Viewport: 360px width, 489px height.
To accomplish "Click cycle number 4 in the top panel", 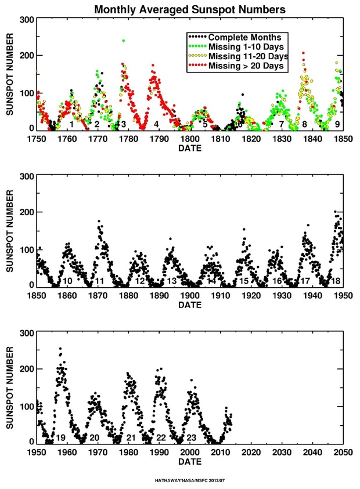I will point(157,124).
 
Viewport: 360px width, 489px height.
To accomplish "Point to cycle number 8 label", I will point(304,124).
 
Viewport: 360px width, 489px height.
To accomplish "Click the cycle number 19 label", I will point(60,437).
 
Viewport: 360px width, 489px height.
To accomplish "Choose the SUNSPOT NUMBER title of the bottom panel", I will point(10,388).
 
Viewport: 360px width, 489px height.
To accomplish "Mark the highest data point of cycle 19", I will point(60,349).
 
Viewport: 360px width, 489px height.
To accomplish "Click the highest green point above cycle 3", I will point(123,41).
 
